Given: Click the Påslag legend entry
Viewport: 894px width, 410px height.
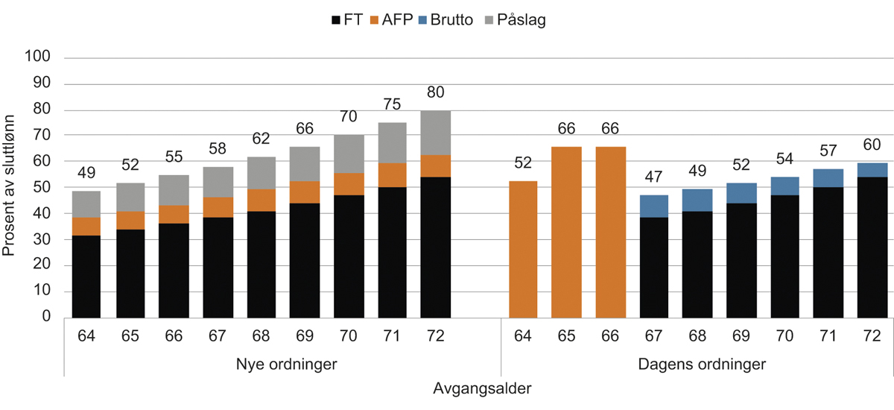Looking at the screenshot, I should click(x=519, y=20).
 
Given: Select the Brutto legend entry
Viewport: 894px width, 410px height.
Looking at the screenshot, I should click(x=452, y=20).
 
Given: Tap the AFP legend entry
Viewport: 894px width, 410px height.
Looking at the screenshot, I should click(x=394, y=20).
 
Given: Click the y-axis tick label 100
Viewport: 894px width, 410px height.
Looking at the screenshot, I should click(x=39, y=57).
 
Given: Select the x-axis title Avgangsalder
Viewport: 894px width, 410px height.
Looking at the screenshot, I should click(x=482, y=388).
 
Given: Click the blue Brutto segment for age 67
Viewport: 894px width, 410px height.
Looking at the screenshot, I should click(x=653, y=206).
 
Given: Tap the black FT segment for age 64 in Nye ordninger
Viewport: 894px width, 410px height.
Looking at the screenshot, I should click(x=86, y=277).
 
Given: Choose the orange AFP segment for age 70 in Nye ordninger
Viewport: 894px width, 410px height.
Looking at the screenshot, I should click(x=349, y=184).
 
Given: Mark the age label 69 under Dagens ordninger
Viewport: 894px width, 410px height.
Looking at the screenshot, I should click(x=740, y=335).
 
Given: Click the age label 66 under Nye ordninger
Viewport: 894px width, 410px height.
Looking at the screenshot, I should click(x=174, y=335).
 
